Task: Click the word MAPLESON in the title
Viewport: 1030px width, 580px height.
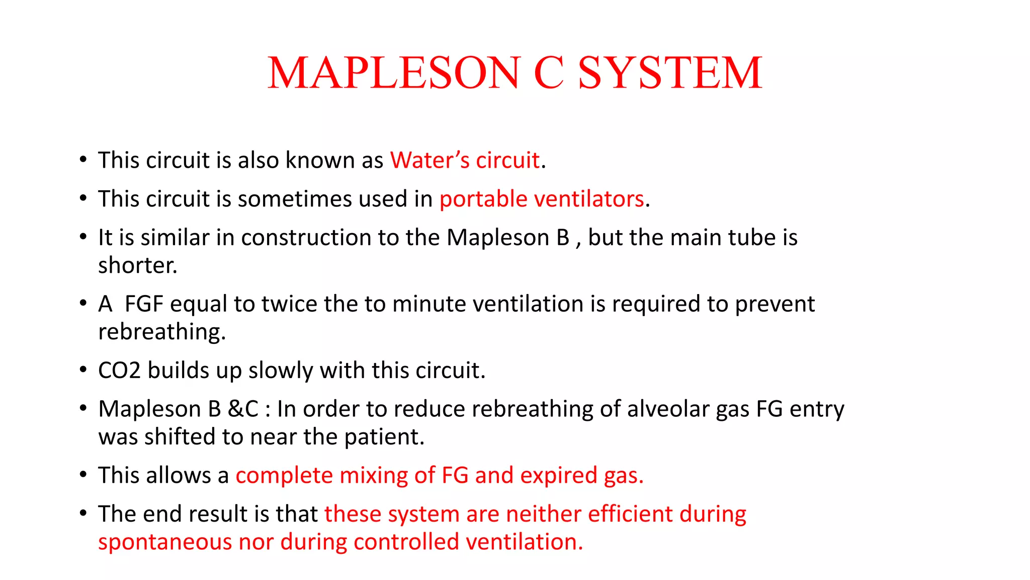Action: pos(393,73)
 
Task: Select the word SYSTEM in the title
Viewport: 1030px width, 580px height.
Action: pos(670,73)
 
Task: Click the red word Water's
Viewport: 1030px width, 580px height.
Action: pos(430,160)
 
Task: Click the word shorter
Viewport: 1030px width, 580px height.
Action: pos(137,265)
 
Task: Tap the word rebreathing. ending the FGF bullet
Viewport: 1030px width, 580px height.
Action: pos(162,332)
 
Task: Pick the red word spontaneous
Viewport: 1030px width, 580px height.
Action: pos(164,542)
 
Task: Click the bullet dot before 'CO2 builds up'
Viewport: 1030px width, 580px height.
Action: pos(83,370)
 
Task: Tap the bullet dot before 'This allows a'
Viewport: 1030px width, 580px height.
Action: pos(83,475)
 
